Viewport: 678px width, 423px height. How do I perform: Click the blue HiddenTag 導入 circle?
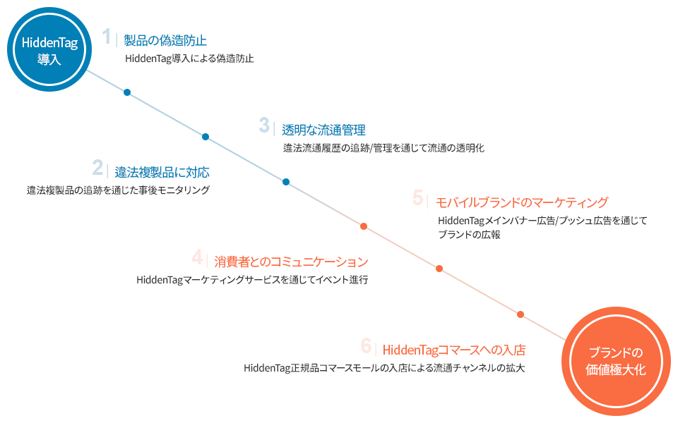(x=49, y=49)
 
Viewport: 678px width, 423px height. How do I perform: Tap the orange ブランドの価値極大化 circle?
(x=616, y=361)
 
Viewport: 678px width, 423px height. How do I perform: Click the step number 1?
(x=107, y=37)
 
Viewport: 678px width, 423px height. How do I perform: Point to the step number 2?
(x=97, y=168)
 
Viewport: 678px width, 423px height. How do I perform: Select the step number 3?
(x=264, y=125)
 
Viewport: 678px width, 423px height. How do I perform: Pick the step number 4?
(x=197, y=257)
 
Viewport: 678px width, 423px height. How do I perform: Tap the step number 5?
(x=417, y=197)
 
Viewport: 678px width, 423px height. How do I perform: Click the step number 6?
(x=366, y=345)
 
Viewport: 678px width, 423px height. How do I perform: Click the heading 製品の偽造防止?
(x=165, y=41)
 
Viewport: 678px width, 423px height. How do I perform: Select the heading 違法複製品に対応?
(x=162, y=172)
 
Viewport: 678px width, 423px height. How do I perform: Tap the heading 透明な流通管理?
(x=324, y=130)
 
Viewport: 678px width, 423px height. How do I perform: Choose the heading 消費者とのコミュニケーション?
(x=291, y=262)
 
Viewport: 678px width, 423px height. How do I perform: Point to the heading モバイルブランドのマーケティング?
(x=522, y=202)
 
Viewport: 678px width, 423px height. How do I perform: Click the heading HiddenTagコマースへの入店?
(x=454, y=350)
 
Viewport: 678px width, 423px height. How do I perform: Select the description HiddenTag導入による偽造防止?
(x=189, y=59)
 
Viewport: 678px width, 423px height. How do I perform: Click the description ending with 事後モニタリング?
(x=118, y=190)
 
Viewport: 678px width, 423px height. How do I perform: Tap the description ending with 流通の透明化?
(x=384, y=148)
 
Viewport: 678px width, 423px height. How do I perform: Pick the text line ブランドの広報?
(x=469, y=235)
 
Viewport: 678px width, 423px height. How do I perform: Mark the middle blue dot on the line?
(x=206, y=137)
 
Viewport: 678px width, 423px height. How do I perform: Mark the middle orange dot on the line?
(x=439, y=269)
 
